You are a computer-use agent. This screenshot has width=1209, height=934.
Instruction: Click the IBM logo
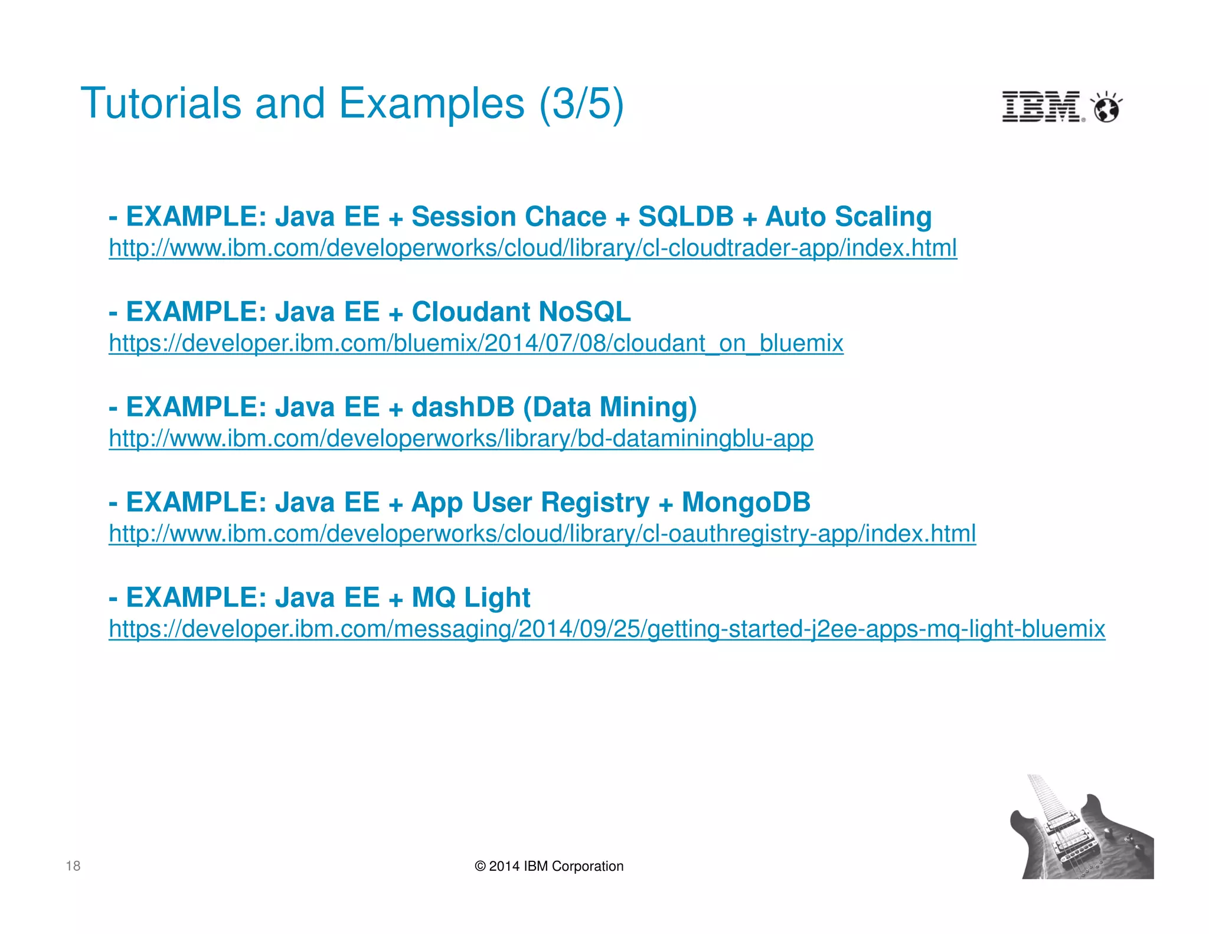point(1042,107)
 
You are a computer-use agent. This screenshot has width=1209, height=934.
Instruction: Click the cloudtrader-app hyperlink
point(532,248)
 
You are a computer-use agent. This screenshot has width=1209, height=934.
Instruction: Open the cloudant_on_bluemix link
point(476,343)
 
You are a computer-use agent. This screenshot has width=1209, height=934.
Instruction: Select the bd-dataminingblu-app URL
point(460,439)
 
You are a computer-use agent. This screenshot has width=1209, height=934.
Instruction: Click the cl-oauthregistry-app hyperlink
point(542,534)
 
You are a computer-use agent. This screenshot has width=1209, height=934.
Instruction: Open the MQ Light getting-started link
point(606,629)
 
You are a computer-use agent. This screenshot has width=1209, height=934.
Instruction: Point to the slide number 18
point(73,866)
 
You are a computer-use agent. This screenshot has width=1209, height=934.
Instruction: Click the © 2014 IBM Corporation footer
point(549,866)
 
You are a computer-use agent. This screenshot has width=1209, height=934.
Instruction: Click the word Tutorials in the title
point(161,103)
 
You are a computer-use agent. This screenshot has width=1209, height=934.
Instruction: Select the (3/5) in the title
point(581,104)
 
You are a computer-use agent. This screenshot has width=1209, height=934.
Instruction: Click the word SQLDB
point(685,217)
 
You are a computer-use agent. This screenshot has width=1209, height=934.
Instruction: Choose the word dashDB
point(462,407)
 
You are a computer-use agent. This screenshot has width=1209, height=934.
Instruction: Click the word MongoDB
point(746,502)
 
